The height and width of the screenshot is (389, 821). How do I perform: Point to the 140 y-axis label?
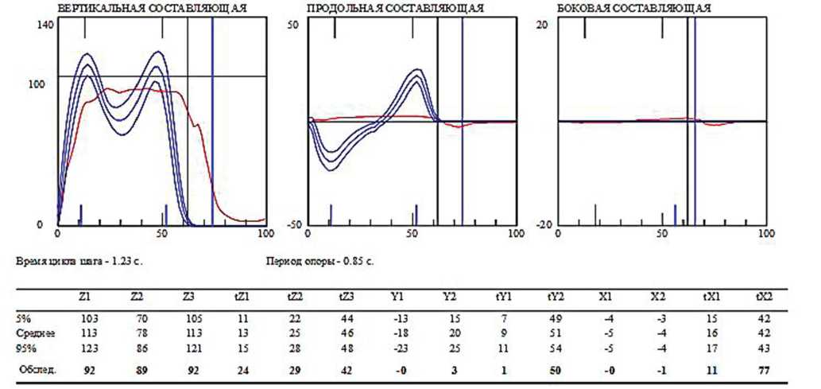click(45, 25)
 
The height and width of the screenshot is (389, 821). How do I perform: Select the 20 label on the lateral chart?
click(544, 25)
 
